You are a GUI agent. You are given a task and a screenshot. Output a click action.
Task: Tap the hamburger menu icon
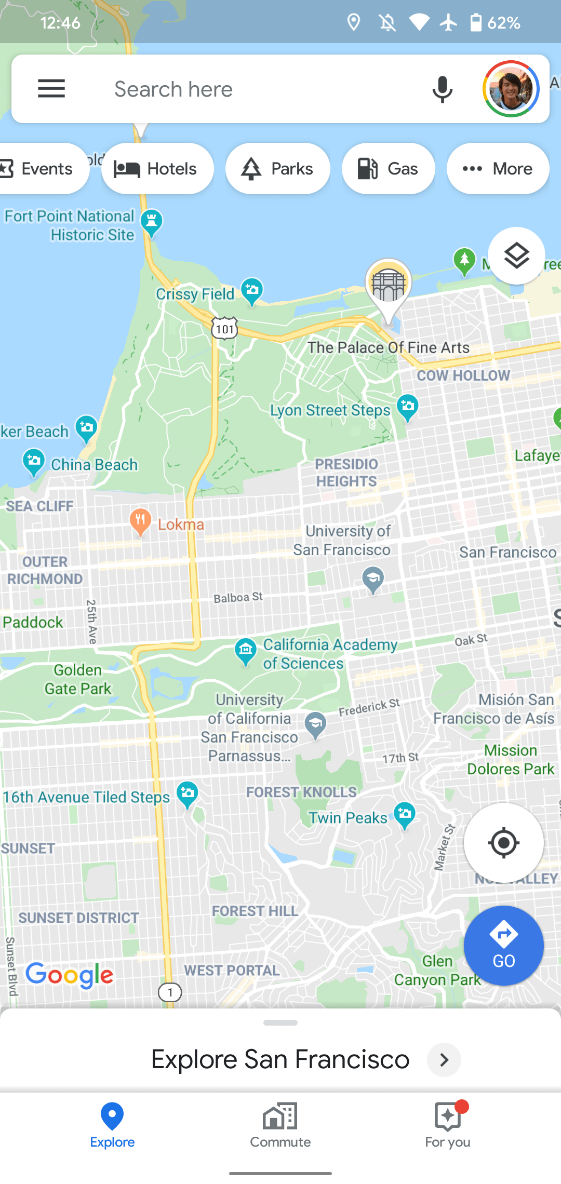(51, 89)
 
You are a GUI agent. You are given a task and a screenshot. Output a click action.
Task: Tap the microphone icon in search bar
(442, 89)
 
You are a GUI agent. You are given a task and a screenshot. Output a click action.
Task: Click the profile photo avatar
(511, 89)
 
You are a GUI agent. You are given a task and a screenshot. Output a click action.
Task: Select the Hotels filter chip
(157, 169)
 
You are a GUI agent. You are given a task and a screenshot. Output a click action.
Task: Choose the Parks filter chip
(278, 169)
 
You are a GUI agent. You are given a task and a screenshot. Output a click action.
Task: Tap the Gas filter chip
(388, 169)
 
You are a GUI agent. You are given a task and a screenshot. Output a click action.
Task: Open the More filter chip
(498, 169)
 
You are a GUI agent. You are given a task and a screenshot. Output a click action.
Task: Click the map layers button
(516, 255)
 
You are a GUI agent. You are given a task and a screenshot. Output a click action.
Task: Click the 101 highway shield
(224, 329)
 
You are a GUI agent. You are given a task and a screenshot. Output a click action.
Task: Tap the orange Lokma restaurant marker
(140, 521)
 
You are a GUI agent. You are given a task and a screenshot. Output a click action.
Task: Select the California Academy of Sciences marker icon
(246, 650)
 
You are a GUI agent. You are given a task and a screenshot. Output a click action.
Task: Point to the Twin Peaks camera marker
(405, 814)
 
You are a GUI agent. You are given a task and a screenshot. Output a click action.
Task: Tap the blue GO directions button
(503, 946)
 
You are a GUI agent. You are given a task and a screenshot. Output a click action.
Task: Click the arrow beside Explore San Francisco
(444, 1060)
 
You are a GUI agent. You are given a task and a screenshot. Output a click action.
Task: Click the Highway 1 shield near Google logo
(170, 992)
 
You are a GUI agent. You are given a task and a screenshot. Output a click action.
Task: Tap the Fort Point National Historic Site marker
(152, 222)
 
